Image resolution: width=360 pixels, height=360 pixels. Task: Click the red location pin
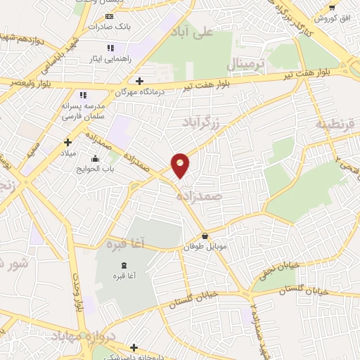tap(181, 165)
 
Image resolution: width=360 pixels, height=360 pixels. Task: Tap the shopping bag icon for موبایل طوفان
tap(205, 236)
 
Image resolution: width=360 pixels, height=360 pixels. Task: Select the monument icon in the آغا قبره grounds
tap(124, 264)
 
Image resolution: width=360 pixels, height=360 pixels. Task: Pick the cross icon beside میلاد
tap(67, 142)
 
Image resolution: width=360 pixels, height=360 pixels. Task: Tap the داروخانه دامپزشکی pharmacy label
tap(134, 356)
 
